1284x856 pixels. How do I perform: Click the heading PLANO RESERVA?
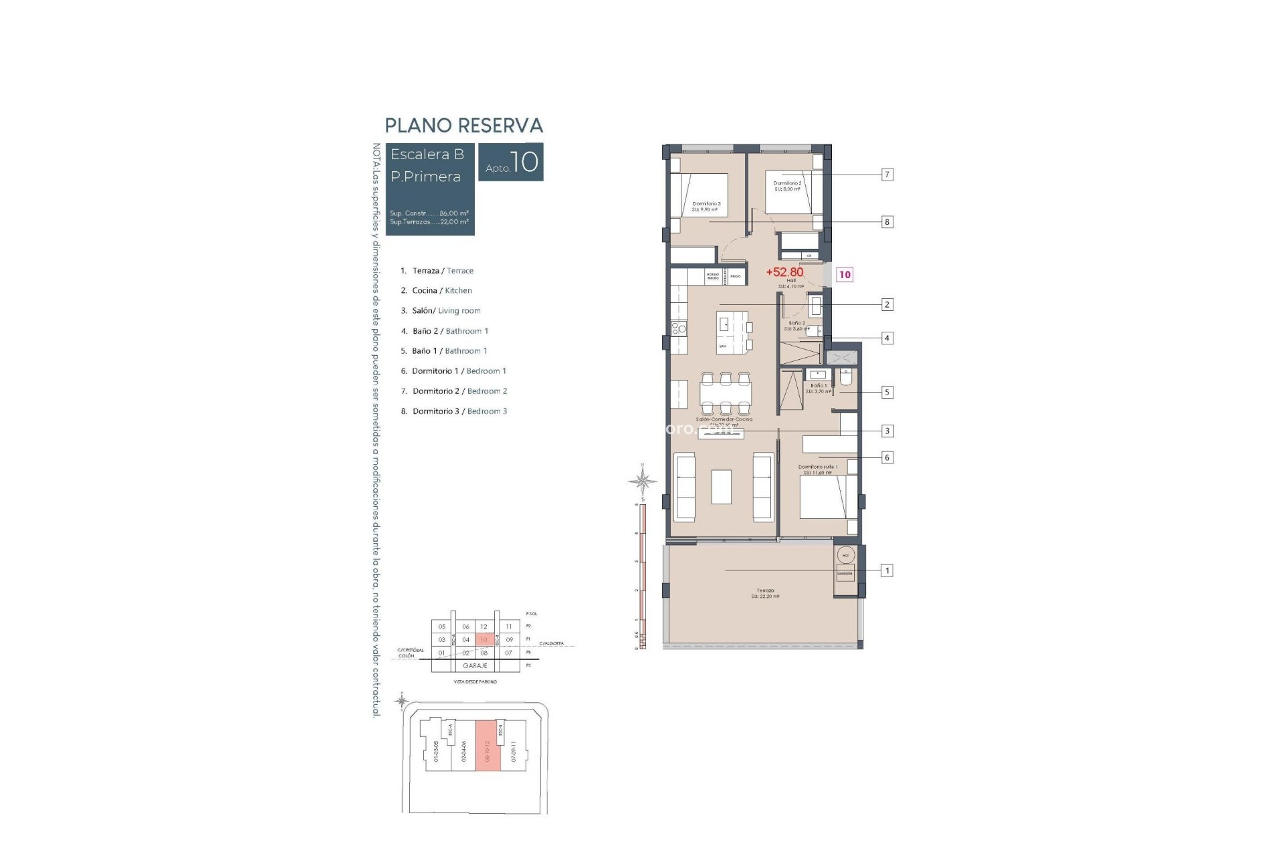point(463,126)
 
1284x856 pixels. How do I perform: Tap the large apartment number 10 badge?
point(511,162)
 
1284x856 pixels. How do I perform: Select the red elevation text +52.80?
point(784,272)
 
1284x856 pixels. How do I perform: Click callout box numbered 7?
point(887,175)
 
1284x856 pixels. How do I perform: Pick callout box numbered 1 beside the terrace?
point(887,570)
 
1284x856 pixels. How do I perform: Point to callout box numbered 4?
point(887,338)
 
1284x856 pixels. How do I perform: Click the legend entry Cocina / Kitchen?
point(441,290)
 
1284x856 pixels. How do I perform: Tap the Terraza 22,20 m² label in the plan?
point(765,593)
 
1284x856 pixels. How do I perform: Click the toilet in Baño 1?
point(845,379)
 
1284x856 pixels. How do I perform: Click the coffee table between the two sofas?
point(722,487)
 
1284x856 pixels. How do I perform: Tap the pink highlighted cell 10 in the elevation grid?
point(484,640)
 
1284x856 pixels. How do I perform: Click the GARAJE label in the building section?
point(475,666)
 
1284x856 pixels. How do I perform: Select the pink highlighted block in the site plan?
point(488,746)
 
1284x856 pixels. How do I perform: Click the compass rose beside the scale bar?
point(642,480)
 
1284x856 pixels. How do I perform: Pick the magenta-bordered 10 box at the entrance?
point(845,274)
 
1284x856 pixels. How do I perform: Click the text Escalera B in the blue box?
point(427,154)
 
